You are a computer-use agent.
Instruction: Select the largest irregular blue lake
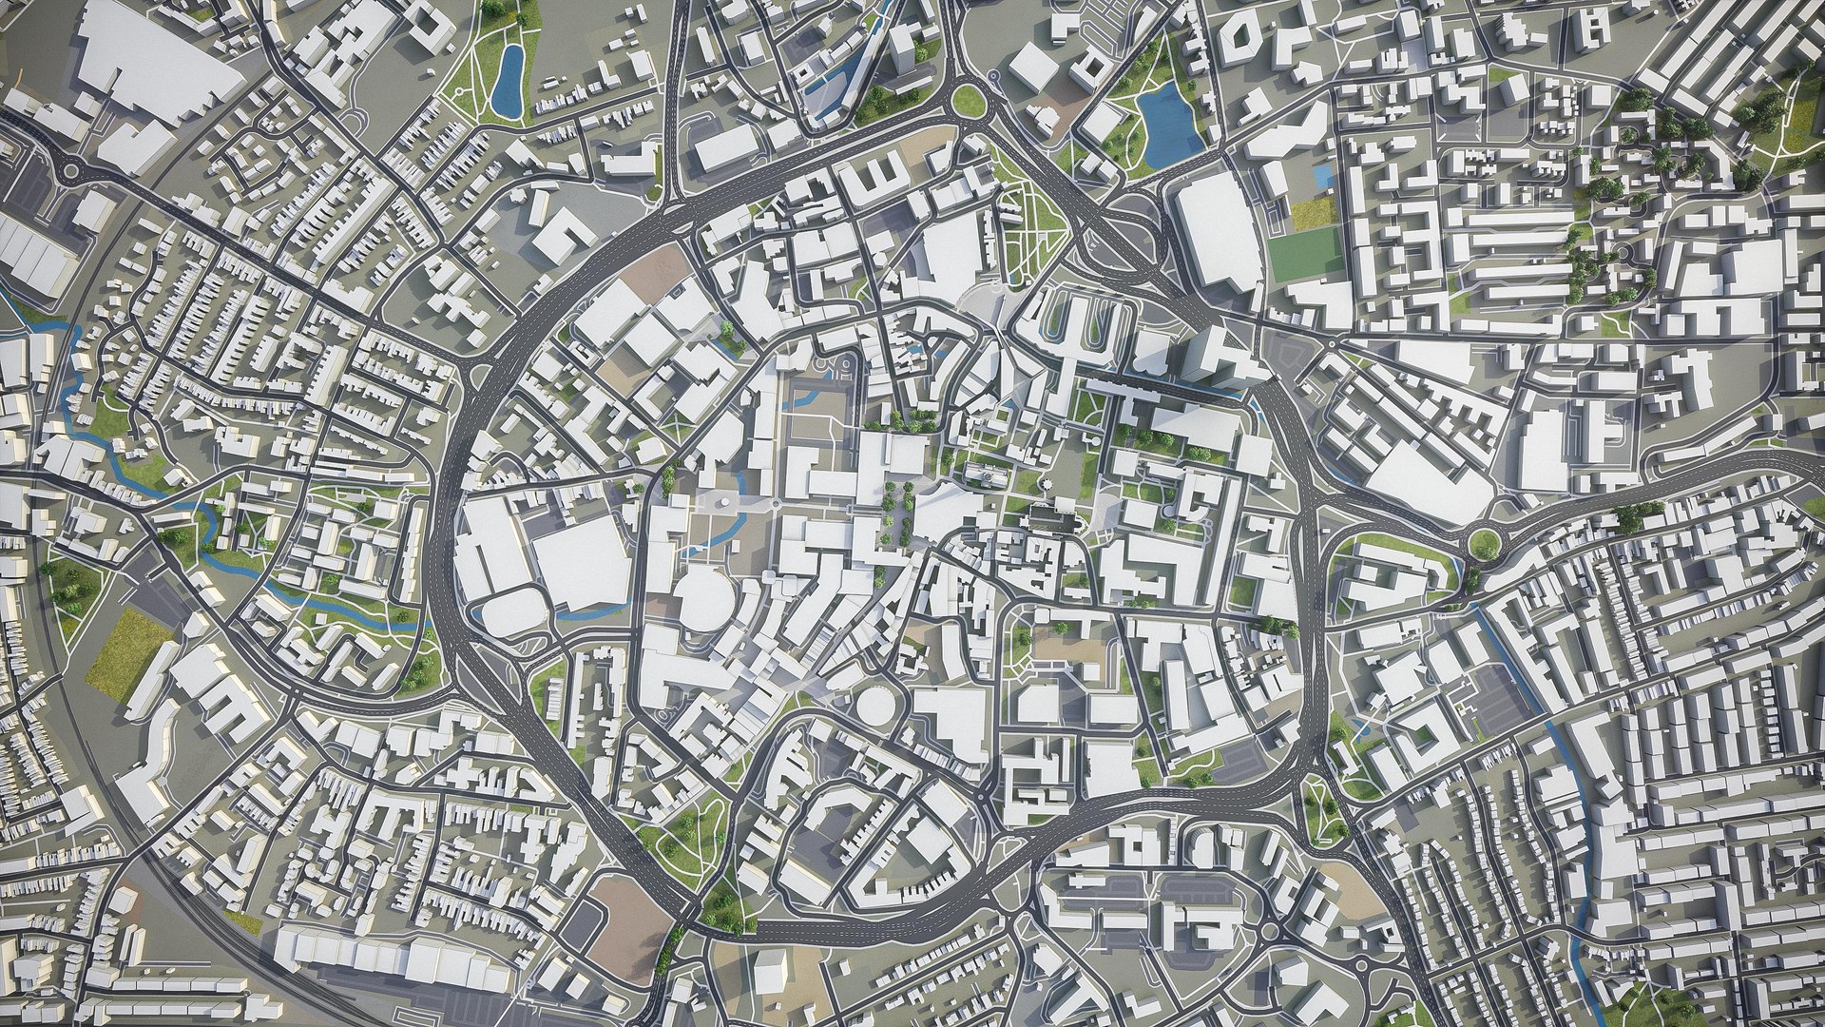[x=1168, y=125]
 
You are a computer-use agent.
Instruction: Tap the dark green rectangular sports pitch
[x=1306, y=254]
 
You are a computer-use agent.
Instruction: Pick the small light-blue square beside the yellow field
[x=1322, y=175]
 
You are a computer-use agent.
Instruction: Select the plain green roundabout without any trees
[x=969, y=99]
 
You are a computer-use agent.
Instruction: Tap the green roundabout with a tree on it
[x=1484, y=543]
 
